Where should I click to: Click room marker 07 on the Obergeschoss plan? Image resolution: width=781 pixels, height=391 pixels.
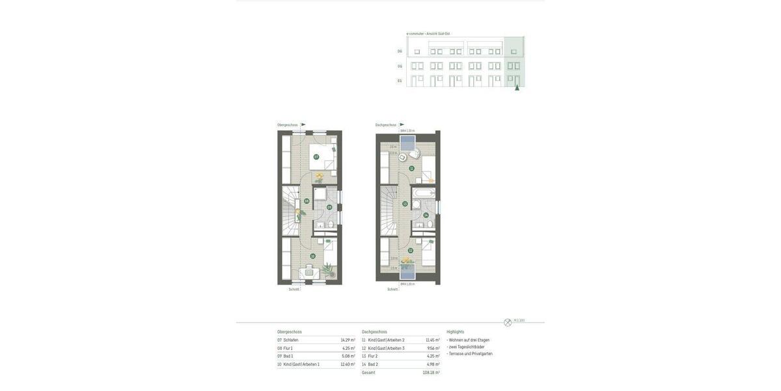(x=316, y=157)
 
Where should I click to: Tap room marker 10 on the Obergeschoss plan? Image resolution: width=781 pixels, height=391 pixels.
(x=312, y=256)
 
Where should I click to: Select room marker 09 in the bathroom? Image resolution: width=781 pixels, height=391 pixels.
(x=329, y=207)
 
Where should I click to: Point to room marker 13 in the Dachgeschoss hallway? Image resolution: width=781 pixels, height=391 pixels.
(x=405, y=204)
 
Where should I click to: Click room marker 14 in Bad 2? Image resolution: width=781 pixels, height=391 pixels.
(x=426, y=215)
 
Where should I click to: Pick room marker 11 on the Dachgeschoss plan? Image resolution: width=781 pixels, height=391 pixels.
(x=411, y=168)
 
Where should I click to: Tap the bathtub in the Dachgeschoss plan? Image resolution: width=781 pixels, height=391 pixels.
(x=424, y=194)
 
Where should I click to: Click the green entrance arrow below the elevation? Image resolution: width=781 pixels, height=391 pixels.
(x=517, y=87)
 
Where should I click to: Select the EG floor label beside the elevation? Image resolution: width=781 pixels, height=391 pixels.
(x=400, y=81)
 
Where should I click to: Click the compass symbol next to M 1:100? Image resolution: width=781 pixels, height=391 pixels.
(x=508, y=323)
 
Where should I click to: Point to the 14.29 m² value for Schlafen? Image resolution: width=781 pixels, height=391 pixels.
(x=348, y=340)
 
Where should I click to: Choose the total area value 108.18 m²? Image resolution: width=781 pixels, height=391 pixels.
(x=431, y=373)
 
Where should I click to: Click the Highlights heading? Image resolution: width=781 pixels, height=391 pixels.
(x=456, y=332)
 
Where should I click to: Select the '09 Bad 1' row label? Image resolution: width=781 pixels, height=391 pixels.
(x=286, y=356)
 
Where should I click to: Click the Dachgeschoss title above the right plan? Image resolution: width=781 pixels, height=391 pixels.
(x=386, y=125)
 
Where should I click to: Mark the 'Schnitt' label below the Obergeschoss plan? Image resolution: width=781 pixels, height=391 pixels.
(x=294, y=289)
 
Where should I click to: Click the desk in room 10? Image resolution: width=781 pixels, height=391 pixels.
(x=308, y=273)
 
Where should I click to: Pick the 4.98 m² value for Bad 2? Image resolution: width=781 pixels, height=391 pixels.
(x=433, y=364)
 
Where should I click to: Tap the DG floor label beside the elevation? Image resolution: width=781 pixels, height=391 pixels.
(x=400, y=51)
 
